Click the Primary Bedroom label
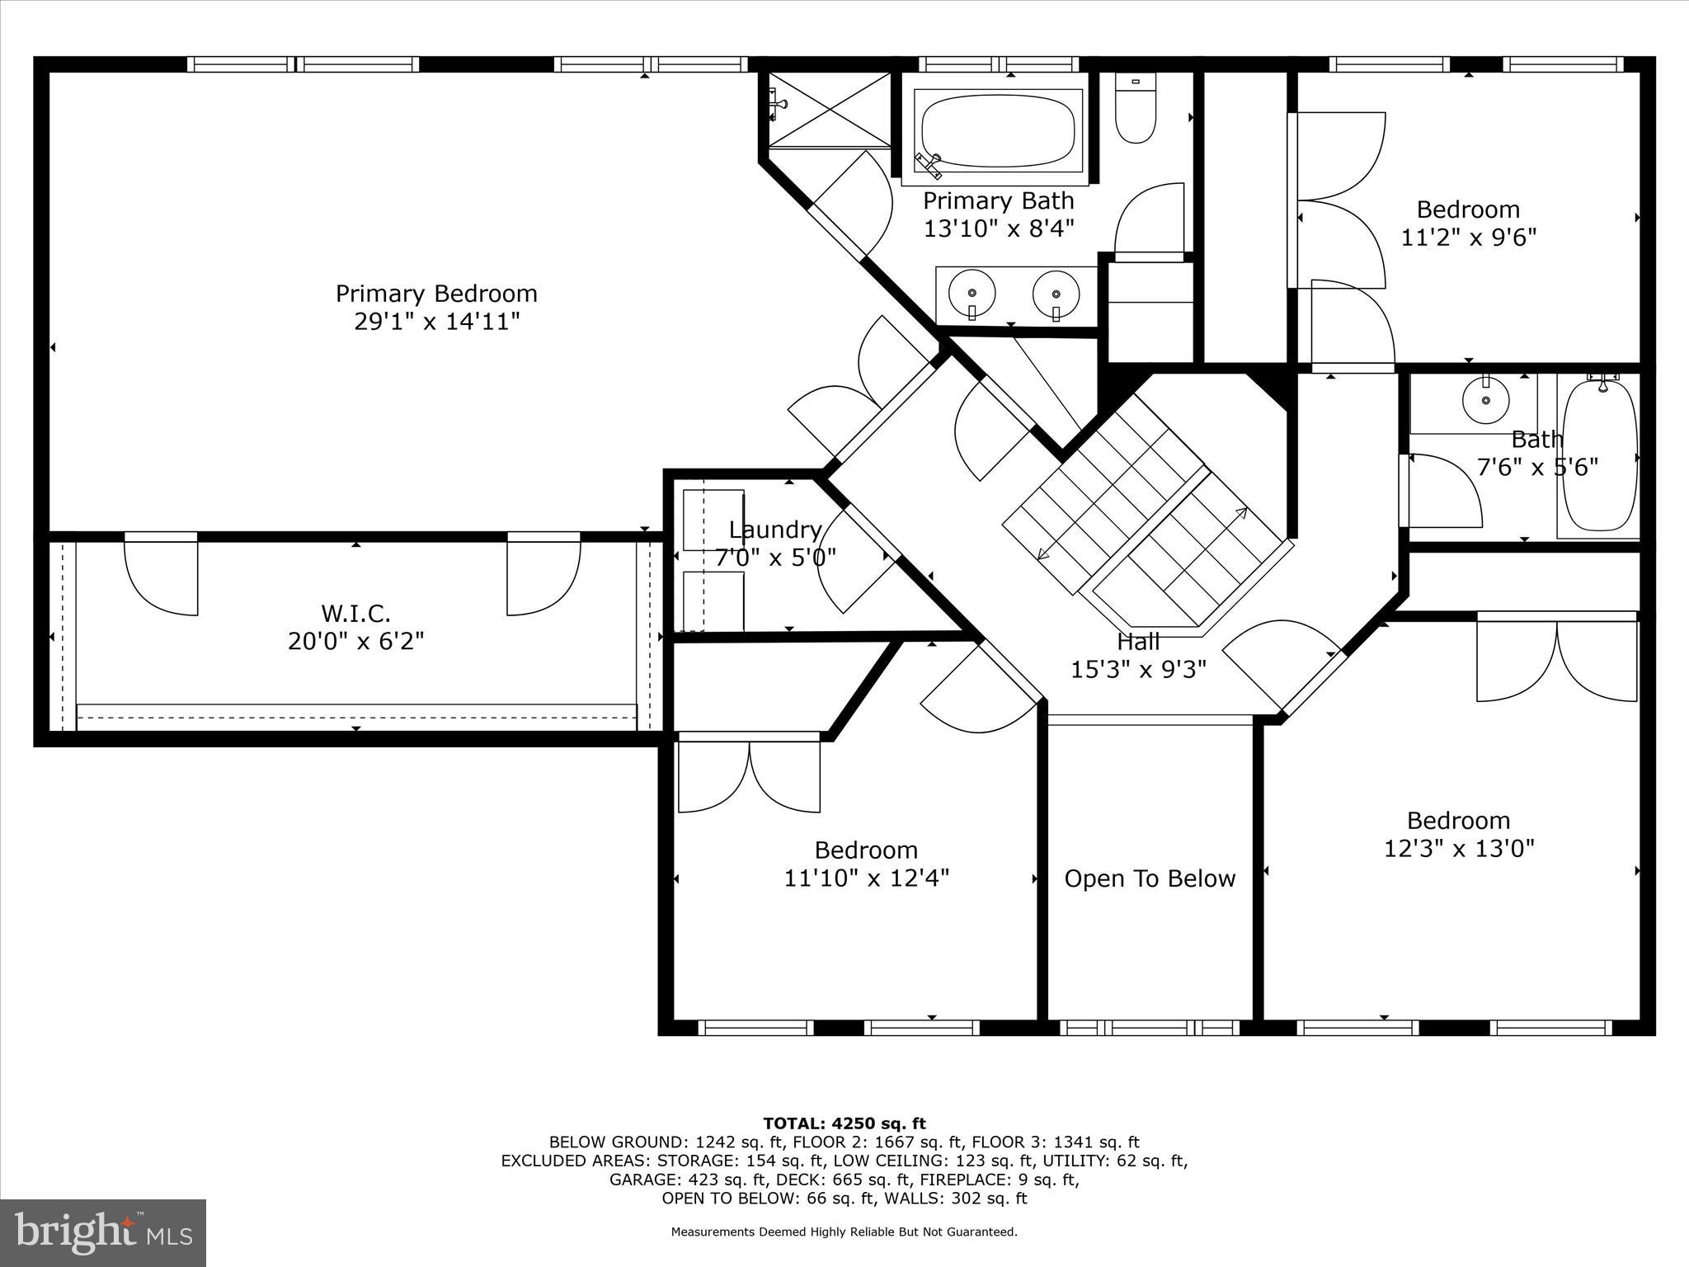pos(436,294)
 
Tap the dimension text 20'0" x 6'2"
pos(355,641)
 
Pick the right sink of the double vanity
pos(1056,293)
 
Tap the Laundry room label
pos(775,530)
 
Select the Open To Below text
pos(1150,878)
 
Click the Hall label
pos(1138,641)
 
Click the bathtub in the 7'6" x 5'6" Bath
pos(1598,458)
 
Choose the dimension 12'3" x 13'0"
pos(1458,849)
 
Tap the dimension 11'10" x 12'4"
pos(866,878)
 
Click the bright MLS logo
pos(103,1232)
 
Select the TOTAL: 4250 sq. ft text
pos(844,1123)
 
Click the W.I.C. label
pos(355,613)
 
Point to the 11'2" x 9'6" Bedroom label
pos(1468,210)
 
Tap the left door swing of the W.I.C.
pos(161,577)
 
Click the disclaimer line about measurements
pos(844,1232)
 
